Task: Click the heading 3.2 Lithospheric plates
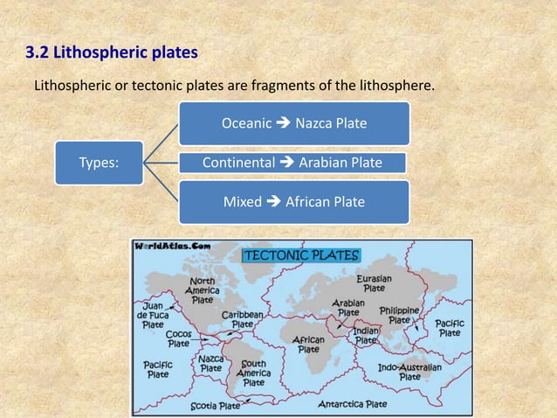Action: point(112,54)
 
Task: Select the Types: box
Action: point(99,162)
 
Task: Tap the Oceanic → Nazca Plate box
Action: point(293,123)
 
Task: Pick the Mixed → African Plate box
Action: point(293,202)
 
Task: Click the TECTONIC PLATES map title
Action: point(300,256)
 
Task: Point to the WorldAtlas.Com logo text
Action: point(173,247)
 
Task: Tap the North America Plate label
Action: point(203,289)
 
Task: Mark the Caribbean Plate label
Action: point(243,318)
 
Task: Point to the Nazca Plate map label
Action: point(210,363)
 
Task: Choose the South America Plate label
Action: point(254,372)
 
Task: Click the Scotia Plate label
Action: point(216,406)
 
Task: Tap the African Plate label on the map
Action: point(308,343)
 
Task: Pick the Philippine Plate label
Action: point(400,315)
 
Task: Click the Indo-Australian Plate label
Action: point(409,372)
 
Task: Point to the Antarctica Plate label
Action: point(352,404)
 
